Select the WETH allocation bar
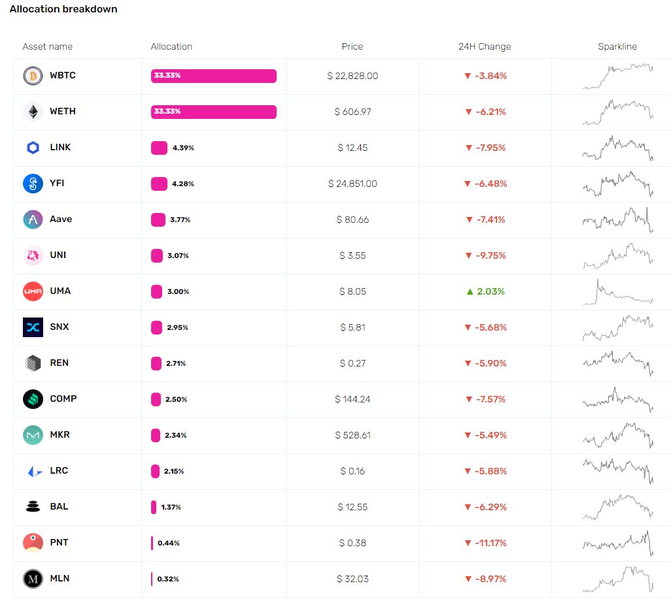[x=213, y=112]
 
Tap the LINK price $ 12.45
[x=353, y=148]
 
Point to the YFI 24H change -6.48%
[x=485, y=184]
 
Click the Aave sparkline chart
[x=617, y=220]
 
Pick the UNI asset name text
[x=58, y=255]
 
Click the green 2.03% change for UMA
[x=485, y=291]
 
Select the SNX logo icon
[x=33, y=327]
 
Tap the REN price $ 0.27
[x=353, y=363]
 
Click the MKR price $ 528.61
[x=353, y=435]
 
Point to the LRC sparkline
[x=617, y=471]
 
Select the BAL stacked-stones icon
[x=33, y=506]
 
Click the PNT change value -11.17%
[x=485, y=543]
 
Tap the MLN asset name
[x=60, y=579]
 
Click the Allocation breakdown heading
[x=63, y=10]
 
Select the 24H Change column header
[x=485, y=46]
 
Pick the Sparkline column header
[x=617, y=46]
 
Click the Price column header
[x=352, y=46]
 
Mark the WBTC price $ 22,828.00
[x=353, y=76]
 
